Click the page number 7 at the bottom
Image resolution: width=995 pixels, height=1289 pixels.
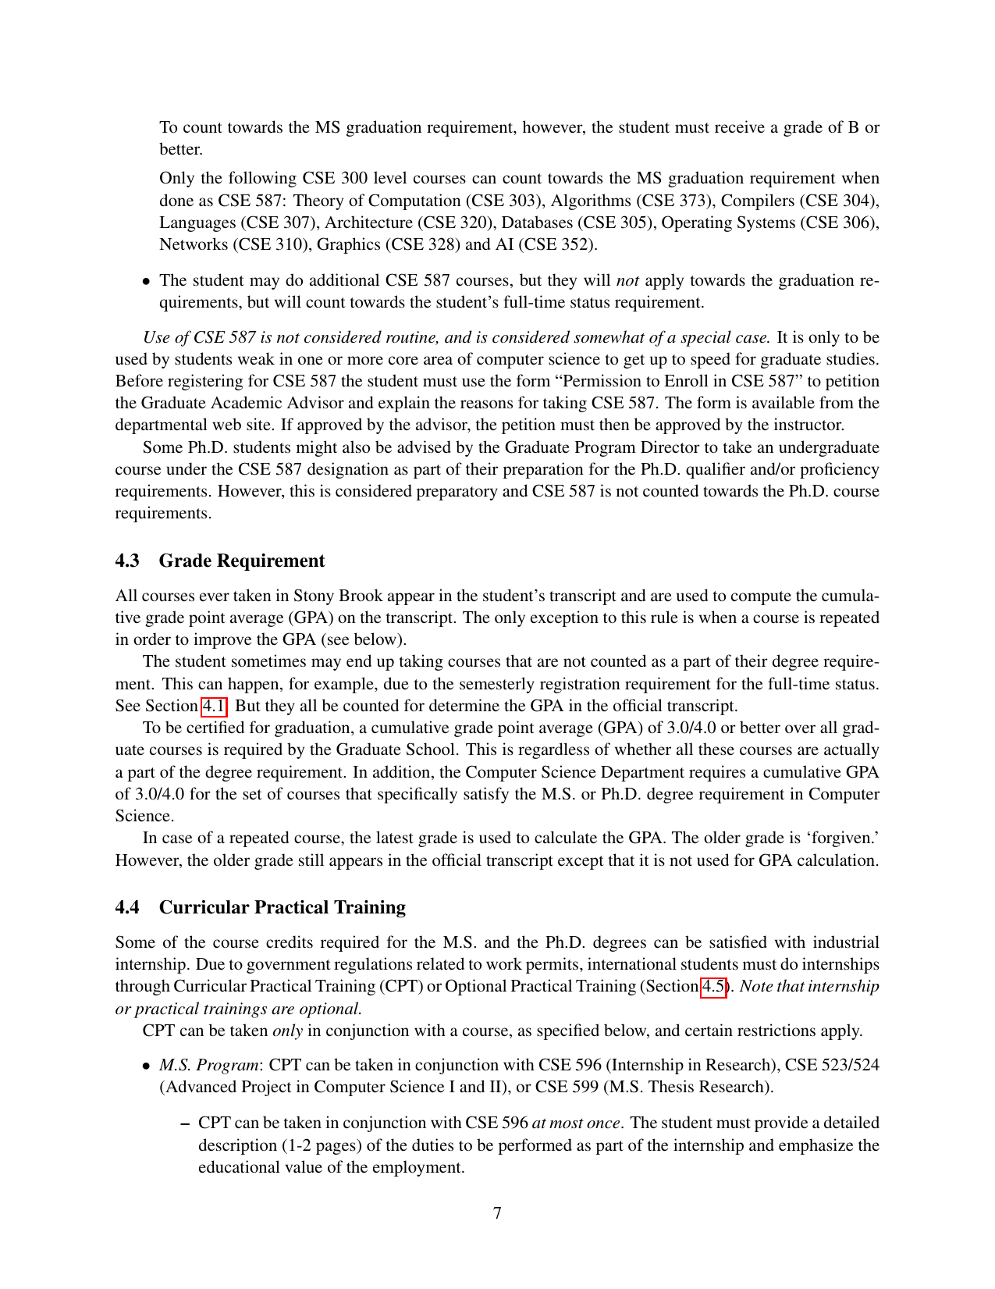[x=497, y=1213]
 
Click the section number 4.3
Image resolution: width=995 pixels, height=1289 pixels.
[x=127, y=561]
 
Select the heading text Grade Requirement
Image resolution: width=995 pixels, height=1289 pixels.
[x=242, y=561]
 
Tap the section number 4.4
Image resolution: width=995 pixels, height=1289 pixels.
[x=127, y=907]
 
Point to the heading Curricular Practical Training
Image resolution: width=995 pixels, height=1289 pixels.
[x=283, y=907]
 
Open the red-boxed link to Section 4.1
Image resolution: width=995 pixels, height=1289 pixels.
[x=214, y=707]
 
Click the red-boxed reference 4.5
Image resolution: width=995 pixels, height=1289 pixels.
[x=712, y=986]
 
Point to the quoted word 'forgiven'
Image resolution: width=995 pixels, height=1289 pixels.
[x=842, y=838]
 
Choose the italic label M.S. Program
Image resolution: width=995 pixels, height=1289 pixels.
[x=209, y=1065]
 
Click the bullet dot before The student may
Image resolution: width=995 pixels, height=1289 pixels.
[x=146, y=281]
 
